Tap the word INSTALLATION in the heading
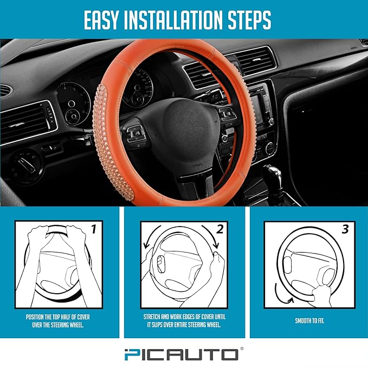point(183,20)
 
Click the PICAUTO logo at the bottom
point(184,354)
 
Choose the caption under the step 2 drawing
point(184,321)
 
